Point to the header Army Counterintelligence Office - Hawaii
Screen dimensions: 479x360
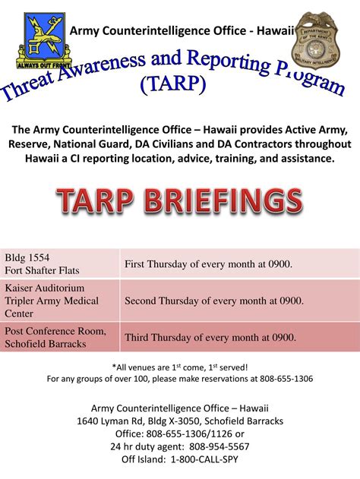(x=182, y=30)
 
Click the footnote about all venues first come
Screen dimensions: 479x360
(x=180, y=367)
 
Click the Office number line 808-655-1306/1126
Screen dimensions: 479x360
(x=180, y=433)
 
